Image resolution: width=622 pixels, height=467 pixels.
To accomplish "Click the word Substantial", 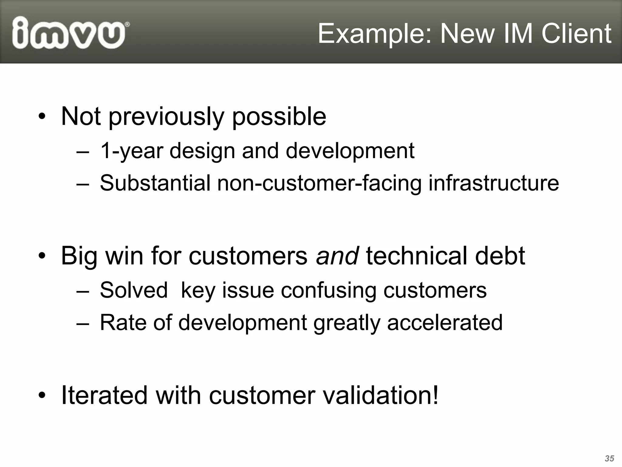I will pyautogui.click(x=155, y=183).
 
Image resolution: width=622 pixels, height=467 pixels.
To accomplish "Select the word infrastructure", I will pyautogui.click(x=493, y=183).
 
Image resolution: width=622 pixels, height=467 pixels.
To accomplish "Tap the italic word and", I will pyautogui.click(x=337, y=256).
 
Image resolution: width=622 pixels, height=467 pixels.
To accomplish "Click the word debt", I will pyautogui.click(x=500, y=256).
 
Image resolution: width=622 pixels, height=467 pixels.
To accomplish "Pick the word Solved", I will pyautogui.click(x=134, y=290).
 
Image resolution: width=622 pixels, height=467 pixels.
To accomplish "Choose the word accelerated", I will pyautogui.click(x=445, y=323).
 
